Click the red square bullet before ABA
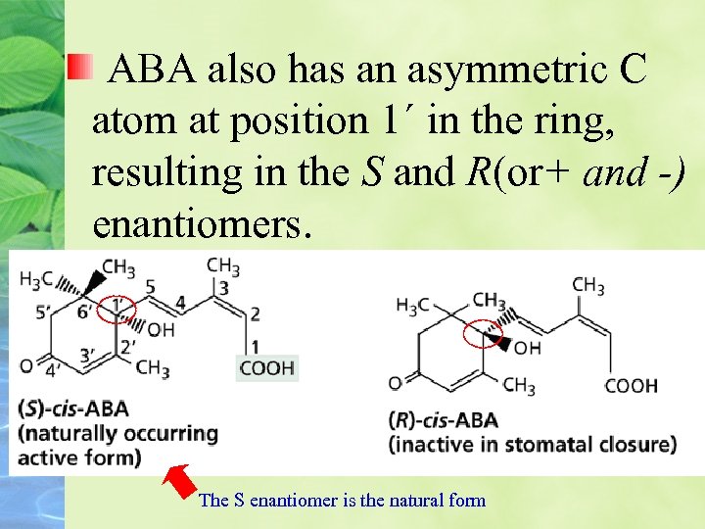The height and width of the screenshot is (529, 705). point(79,69)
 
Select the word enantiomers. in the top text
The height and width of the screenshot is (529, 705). point(202,222)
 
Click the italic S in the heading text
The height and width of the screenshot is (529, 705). point(370,172)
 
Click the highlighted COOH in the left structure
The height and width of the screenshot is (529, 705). point(266,368)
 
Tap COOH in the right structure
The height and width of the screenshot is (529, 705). point(631,385)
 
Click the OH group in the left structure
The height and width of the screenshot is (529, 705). point(161,330)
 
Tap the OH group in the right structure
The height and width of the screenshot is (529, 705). point(527,347)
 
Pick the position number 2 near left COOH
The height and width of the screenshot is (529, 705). point(255,313)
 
